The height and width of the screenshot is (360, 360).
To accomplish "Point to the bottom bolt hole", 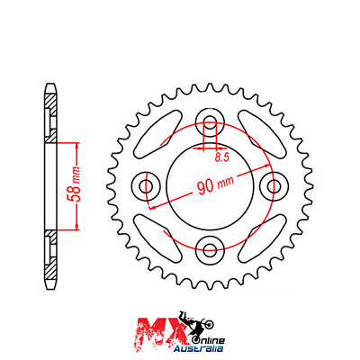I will click(209, 247).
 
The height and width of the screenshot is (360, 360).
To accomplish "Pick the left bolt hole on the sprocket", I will click(147, 186).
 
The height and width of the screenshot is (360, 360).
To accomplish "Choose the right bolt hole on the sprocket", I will click(271, 186).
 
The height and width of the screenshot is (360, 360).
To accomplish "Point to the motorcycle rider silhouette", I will click(192, 321).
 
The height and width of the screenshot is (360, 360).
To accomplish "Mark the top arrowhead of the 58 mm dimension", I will click(76, 143).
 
